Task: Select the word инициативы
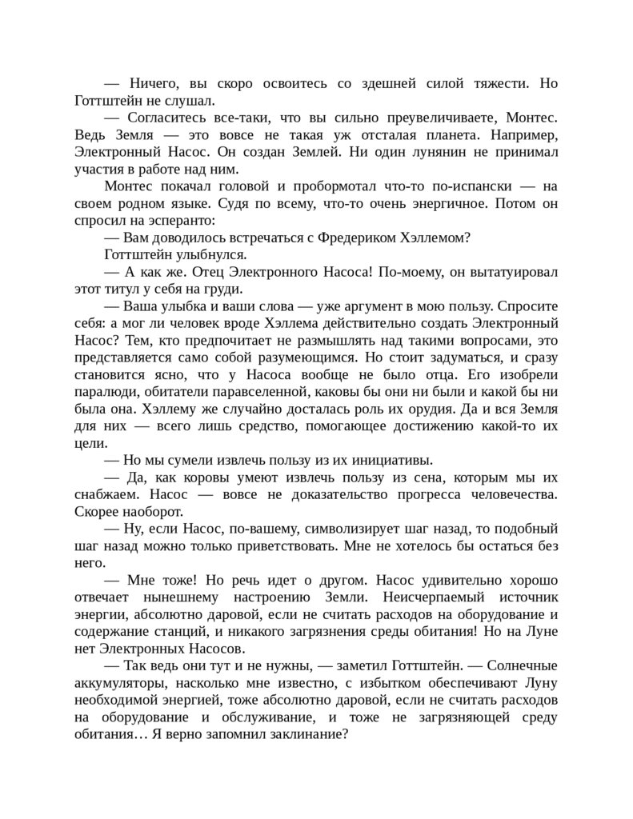(x=396, y=461)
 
